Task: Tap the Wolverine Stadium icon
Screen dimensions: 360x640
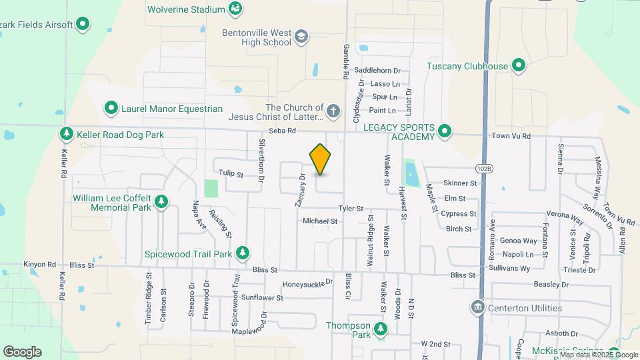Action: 235,9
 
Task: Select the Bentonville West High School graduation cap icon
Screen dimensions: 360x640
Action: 301,36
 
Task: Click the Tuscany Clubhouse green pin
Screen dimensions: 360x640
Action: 519,66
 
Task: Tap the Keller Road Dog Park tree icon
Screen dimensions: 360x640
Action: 67,135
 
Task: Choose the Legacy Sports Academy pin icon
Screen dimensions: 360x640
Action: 445,132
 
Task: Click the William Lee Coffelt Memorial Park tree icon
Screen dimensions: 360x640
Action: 161,202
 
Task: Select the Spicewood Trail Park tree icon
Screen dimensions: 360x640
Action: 243,253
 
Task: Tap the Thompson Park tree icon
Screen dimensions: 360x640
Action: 381,329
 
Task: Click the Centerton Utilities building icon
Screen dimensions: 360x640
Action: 477,307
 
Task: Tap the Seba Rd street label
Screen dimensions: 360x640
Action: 282,131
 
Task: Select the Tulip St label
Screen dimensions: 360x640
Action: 231,175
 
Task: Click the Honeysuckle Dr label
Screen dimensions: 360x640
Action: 307,283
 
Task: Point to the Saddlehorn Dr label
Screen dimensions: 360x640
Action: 377,70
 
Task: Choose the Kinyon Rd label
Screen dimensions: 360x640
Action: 38,265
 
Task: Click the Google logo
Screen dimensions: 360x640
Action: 22,352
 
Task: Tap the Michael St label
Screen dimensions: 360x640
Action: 320,221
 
